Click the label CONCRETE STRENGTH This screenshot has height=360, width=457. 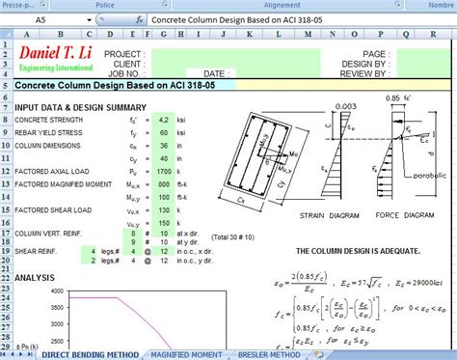coord(47,120)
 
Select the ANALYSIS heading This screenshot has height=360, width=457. coord(35,277)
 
